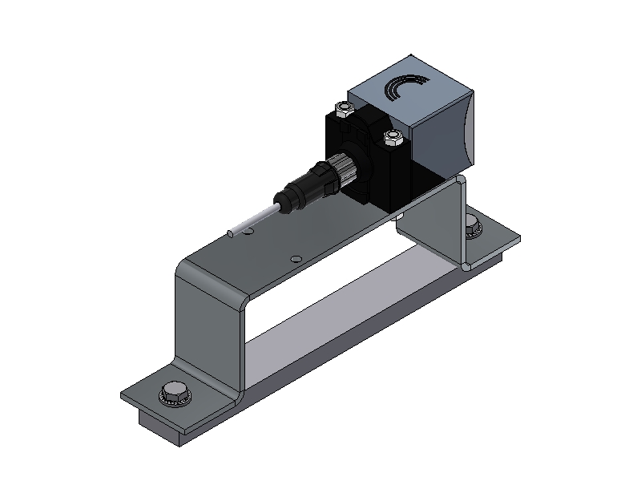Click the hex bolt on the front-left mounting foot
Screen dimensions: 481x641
[172, 393]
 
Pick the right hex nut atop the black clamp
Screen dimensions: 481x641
[393, 137]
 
